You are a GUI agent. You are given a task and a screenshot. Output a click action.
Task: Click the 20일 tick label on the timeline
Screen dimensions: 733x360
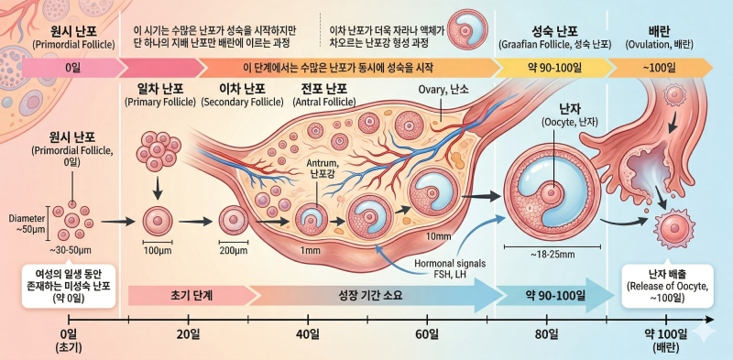189,334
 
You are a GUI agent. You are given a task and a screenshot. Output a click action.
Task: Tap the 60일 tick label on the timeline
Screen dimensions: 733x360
427,334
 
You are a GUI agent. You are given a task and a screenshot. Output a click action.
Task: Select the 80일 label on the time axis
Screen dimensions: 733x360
547,334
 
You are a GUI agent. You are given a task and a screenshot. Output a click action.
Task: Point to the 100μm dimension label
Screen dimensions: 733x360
158,251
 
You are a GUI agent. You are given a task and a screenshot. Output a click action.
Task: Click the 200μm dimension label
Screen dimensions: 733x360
234,251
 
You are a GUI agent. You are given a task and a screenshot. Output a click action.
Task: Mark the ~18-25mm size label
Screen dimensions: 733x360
552,255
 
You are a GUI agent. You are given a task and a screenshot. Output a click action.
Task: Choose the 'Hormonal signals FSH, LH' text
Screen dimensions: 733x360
450,268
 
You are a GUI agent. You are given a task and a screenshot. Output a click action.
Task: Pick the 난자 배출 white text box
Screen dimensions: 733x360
667,286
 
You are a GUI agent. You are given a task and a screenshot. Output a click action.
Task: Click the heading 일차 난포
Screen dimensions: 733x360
159,88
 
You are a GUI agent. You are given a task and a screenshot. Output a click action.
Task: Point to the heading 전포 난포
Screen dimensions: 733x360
324,88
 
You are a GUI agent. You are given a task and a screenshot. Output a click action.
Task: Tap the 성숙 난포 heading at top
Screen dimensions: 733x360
555,32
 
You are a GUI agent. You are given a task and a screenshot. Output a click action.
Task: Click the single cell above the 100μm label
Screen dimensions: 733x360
158,220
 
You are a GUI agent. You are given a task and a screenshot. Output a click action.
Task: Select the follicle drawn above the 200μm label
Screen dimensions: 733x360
234,220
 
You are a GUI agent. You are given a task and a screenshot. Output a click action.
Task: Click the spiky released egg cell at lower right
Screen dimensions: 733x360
673,227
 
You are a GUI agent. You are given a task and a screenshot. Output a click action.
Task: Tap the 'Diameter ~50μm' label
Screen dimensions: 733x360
27,224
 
